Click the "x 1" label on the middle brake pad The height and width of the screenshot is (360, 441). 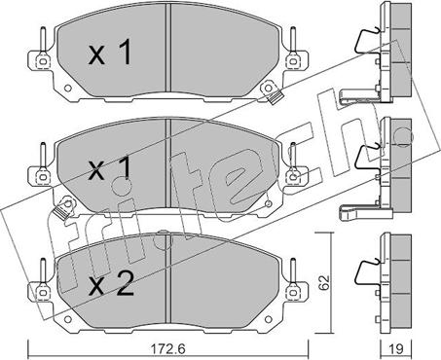[109, 171]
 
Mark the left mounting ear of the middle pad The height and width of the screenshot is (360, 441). [42, 175]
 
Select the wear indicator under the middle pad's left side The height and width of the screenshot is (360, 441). [66, 206]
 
